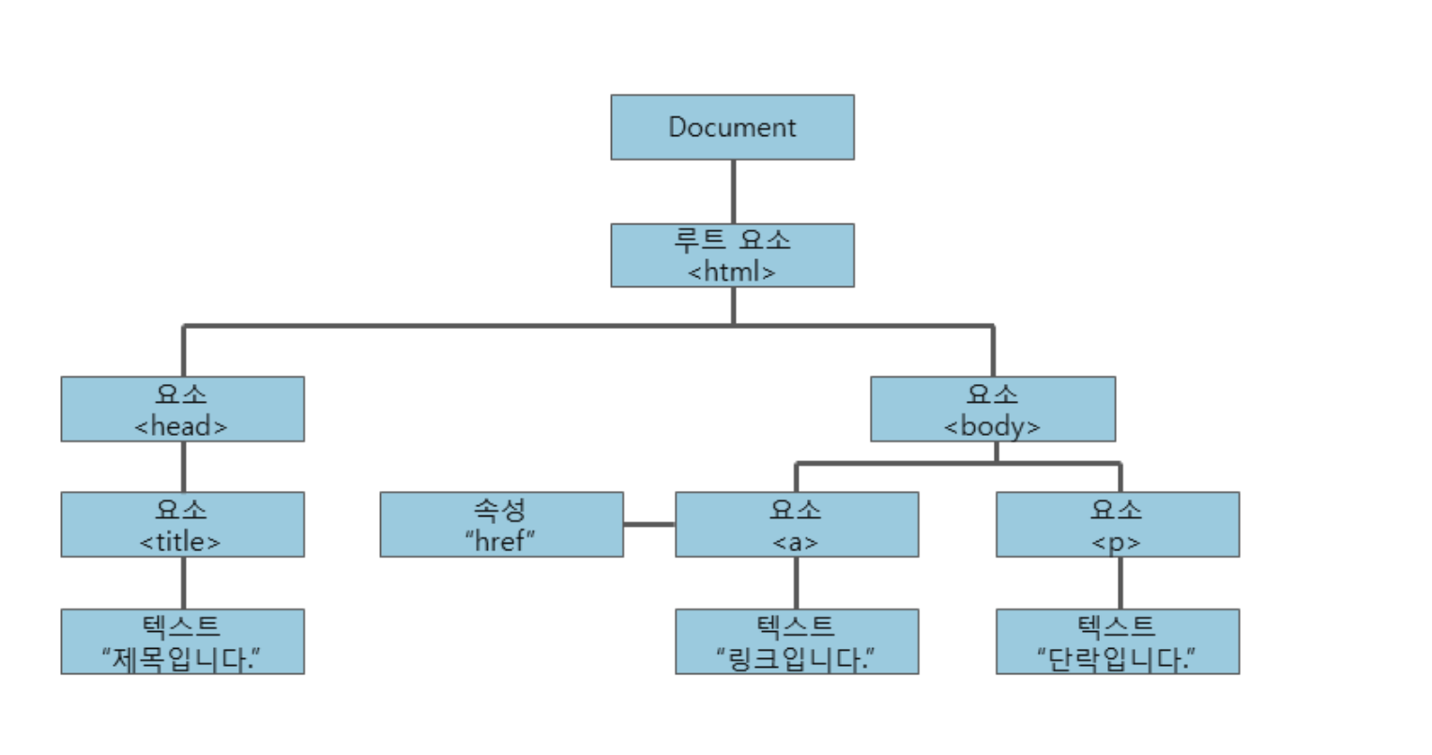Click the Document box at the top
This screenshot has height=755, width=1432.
(x=732, y=127)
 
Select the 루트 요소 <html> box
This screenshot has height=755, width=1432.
(x=732, y=254)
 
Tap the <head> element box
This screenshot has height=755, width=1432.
(x=182, y=408)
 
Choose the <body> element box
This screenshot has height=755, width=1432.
(x=992, y=408)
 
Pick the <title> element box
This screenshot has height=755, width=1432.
(x=182, y=524)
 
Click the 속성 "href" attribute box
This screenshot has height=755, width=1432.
(x=501, y=524)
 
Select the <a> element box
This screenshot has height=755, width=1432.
(x=796, y=524)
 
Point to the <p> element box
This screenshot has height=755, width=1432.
(x=1117, y=524)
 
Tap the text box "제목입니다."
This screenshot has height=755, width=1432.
(x=182, y=641)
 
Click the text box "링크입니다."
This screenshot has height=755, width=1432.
(x=796, y=641)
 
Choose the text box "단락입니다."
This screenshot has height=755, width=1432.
(x=1117, y=641)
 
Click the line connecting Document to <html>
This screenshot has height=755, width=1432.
(x=733, y=192)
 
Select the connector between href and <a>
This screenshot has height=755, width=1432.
(x=648, y=524)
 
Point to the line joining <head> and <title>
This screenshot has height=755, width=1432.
(x=183, y=467)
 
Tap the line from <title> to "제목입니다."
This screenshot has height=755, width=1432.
(x=183, y=582)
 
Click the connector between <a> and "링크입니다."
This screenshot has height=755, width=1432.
(x=797, y=582)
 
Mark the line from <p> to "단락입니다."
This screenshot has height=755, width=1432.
(x=1120, y=582)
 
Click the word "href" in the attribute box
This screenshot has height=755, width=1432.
(x=499, y=540)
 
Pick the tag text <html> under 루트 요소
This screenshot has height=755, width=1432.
(x=732, y=271)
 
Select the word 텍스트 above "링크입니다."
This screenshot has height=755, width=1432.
(x=796, y=625)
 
